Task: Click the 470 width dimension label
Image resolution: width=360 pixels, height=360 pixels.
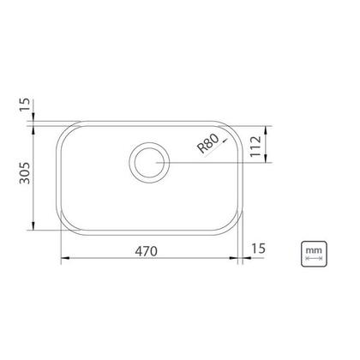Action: click(146, 251)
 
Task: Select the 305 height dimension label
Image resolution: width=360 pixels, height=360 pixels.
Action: click(25, 173)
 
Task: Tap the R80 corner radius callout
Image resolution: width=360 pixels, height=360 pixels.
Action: click(208, 143)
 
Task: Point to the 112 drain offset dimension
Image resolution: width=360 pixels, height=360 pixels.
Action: click(255, 146)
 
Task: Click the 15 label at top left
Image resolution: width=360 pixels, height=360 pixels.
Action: click(25, 105)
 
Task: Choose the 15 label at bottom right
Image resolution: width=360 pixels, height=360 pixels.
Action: click(259, 249)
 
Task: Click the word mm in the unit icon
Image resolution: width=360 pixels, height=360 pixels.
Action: click(314, 250)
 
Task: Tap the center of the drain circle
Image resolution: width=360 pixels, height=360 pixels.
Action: click(149, 163)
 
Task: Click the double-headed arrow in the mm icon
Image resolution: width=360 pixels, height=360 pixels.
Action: click(314, 258)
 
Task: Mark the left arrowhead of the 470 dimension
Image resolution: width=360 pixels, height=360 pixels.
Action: click(65, 258)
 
